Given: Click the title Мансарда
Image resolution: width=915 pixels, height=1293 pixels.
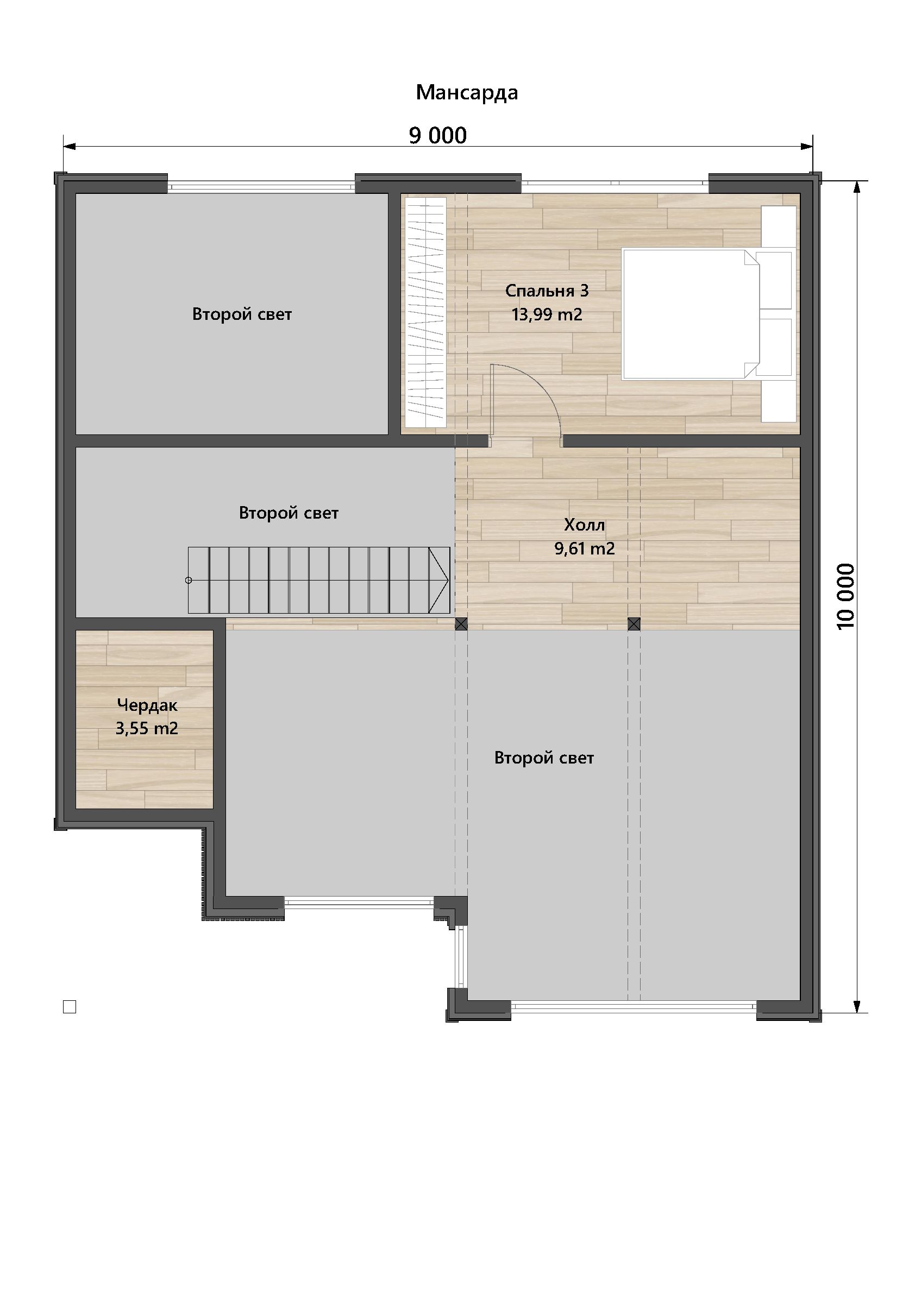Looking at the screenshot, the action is click(x=467, y=93).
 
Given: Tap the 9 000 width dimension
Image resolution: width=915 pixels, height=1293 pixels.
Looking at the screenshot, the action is click(x=438, y=136).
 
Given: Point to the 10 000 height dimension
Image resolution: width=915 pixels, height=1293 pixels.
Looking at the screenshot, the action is click(x=845, y=596).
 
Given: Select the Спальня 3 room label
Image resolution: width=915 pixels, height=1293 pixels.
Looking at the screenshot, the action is click(x=547, y=291).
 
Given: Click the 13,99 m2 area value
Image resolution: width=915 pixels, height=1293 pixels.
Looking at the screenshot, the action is click(x=547, y=314).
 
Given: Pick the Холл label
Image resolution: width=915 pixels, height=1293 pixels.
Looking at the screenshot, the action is click(x=584, y=525).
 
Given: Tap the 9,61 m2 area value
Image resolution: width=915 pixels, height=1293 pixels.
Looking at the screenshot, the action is click(x=584, y=548).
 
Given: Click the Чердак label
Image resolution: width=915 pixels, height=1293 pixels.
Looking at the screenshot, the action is click(x=147, y=705).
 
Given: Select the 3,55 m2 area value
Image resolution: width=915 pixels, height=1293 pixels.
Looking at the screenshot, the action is click(x=147, y=729).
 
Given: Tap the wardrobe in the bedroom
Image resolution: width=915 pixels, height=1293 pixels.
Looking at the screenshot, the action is click(x=426, y=312).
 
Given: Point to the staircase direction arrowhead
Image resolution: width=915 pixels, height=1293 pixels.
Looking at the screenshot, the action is click(x=439, y=580).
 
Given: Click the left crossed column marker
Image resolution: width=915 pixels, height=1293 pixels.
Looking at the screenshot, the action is click(x=461, y=624).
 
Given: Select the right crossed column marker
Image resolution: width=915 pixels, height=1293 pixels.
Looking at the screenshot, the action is click(x=634, y=624).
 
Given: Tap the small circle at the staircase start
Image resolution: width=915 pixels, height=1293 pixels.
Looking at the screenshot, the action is click(x=189, y=580).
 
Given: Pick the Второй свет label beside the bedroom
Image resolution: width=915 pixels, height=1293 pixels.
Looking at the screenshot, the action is click(x=242, y=314).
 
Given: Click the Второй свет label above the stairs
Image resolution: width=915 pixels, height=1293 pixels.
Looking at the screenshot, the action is click(x=289, y=513).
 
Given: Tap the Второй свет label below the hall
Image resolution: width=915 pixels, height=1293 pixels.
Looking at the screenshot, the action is click(x=544, y=758).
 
